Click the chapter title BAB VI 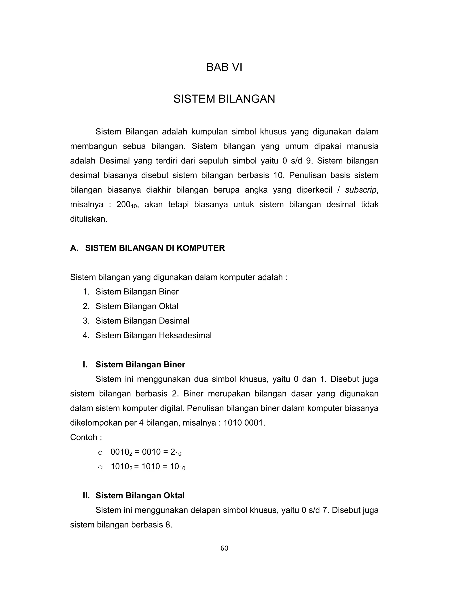coord(224,67)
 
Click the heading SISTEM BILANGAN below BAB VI coord(224,99)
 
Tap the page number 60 coord(224,548)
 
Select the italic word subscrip coord(360,190)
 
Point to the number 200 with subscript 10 coord(126,205)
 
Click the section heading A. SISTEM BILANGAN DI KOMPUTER coord(147,248)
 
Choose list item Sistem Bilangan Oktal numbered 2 coord(137,306)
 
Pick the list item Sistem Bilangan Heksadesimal coord(153,335)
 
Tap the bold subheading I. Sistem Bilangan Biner coord(134,365)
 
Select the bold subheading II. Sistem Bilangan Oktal coord(134,495)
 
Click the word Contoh coord(84,437)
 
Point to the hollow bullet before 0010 coord(100,452)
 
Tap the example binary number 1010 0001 coord(243,423)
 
